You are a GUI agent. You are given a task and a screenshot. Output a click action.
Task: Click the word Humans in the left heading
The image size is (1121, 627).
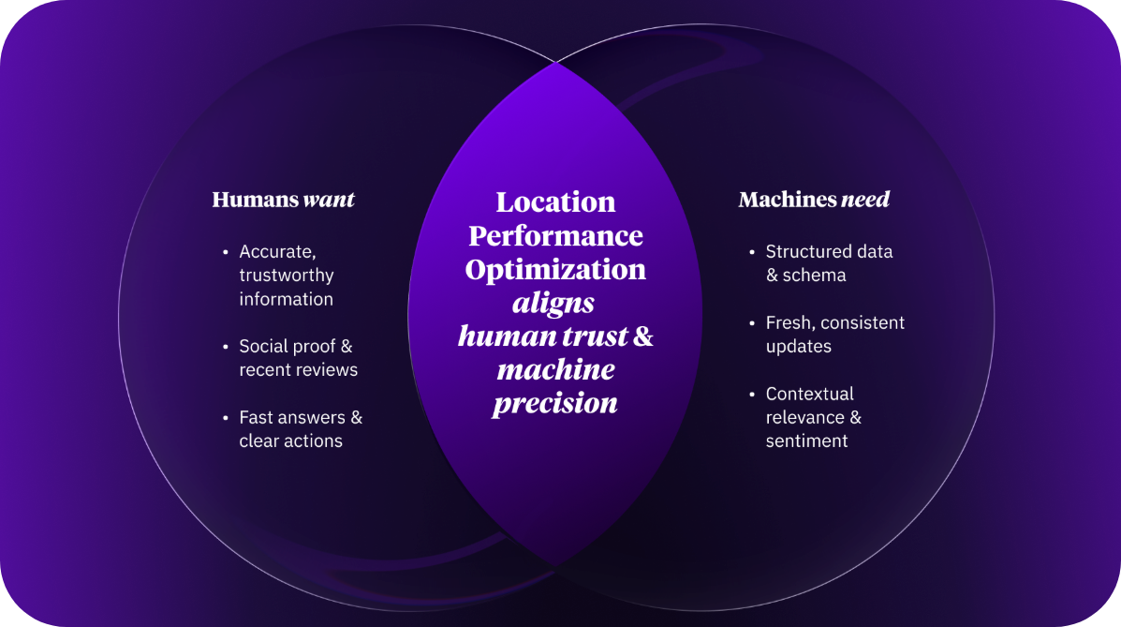256,200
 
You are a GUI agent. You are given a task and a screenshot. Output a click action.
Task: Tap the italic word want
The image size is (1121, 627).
330,200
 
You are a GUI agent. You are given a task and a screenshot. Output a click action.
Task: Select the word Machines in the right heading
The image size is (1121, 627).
787,200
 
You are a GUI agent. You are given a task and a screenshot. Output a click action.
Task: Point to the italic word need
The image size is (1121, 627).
865,200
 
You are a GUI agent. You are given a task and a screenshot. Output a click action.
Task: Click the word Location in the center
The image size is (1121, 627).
555,202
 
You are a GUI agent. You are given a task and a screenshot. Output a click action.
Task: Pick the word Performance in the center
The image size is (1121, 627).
555,235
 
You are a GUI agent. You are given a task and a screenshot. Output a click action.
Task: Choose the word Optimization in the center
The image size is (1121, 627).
555,270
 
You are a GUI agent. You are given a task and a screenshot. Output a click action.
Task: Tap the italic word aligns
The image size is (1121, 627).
553,304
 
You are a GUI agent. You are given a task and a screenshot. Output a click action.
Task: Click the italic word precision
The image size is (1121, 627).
555,403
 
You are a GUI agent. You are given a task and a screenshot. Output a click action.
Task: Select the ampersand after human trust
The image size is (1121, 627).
643,336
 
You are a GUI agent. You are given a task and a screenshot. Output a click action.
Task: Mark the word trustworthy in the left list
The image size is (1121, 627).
287,276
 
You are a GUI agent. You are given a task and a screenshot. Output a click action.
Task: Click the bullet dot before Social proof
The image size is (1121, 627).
226,347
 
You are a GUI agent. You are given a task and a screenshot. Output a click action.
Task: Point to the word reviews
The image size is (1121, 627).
326,370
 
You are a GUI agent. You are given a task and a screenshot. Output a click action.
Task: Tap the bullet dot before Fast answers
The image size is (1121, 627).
226,418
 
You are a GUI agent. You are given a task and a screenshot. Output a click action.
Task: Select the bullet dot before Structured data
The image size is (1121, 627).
752,252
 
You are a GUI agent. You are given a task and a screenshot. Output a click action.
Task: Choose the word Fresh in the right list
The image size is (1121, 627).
789,322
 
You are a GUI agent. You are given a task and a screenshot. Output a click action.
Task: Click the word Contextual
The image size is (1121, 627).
809,394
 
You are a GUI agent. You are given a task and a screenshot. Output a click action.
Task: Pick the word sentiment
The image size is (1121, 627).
806,440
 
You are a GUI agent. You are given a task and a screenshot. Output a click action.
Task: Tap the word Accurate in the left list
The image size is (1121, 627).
273,252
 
